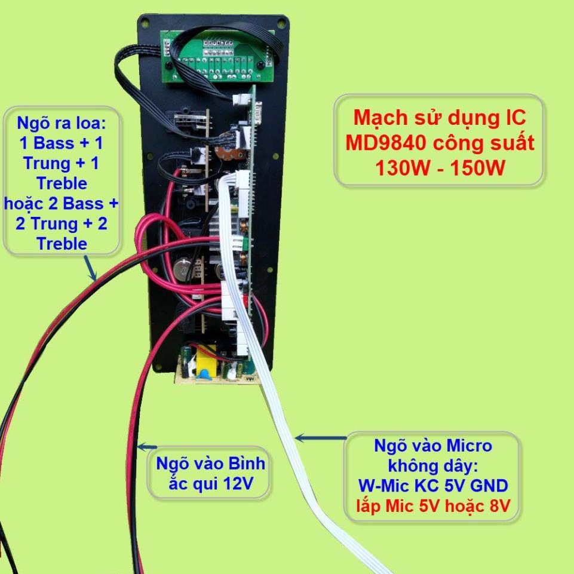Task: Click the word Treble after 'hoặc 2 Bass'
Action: click(x=62, y=244)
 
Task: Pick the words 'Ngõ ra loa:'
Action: click(x=61, y=124)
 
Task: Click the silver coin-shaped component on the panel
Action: click(x=185, y=268)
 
